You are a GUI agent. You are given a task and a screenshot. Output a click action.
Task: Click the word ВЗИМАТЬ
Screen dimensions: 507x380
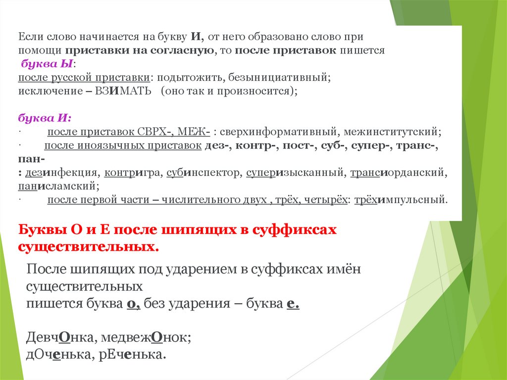pyautogui.click(x=123, y=91)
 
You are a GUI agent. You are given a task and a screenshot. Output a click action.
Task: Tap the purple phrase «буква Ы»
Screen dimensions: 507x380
pyautogui.click(x=47, y=64)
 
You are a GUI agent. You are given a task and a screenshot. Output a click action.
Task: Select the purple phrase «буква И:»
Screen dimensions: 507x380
pyautogui.click(x=45, y=118)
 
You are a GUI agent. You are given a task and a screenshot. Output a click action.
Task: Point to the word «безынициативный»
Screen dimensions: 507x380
pyautogui.click(x=279, y=78)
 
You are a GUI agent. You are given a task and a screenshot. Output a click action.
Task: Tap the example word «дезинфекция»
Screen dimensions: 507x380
pyautogui.click(x=61, y=173)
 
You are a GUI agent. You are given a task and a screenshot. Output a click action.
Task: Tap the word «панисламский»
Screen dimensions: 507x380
pyautogui.click(x=59, y=186)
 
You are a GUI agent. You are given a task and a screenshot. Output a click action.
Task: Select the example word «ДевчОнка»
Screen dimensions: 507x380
pyautogui.click(x=60, y=337)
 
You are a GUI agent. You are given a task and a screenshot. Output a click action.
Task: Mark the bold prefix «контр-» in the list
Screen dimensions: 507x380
pyautogui.click(x=257, y=146)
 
